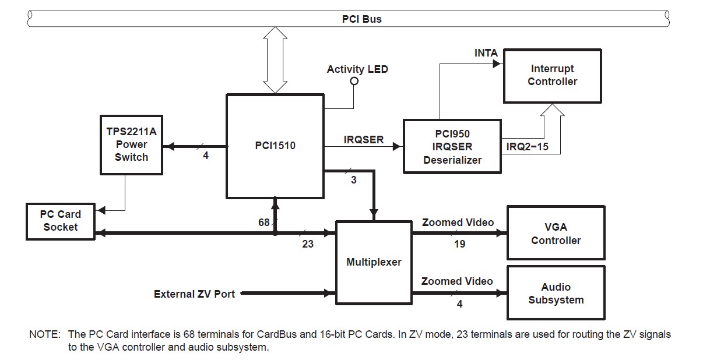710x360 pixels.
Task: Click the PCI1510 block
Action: pos(275,146)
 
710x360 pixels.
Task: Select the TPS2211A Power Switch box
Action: pos(132,145)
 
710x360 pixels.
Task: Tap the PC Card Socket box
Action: pos(61,221)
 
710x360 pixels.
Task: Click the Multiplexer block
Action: pos(374,263)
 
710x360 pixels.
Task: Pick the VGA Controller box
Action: pos(556,232)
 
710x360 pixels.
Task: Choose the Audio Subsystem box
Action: pos(556,293)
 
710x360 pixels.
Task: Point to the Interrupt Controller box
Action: pos(553,76)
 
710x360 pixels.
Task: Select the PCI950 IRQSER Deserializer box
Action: pos(452,147)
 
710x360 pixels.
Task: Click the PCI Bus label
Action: pos(361,19)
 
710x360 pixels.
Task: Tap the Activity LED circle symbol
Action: pos(354,82)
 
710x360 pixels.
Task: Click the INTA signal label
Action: pos(486,53)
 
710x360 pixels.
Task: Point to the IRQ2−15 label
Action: pos(527,147)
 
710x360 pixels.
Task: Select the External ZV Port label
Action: pos(194,294)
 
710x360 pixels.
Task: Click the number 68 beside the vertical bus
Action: pos(263,223)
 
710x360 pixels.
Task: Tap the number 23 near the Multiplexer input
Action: pos(307,244)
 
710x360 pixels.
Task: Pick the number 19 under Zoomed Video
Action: pos(459,244)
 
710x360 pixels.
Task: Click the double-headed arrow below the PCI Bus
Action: pos(275,60)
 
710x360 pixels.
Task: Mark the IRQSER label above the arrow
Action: pos(364,140)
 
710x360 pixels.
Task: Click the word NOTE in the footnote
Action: pos(45,334)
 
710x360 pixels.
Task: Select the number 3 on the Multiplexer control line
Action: pos(354,180)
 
